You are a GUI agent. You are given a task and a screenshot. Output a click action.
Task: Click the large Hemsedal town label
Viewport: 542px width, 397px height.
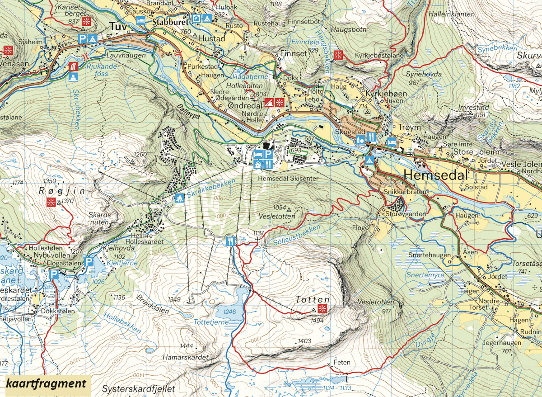(436, 175)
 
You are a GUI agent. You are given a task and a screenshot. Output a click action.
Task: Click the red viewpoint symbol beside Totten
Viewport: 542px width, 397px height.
(322, 309)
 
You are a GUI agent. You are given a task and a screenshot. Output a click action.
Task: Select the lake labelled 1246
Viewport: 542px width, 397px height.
(230, 308)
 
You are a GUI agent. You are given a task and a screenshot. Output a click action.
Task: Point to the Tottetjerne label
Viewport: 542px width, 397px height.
(211, 323)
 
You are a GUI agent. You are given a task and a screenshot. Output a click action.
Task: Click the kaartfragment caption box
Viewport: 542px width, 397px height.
(46, 384)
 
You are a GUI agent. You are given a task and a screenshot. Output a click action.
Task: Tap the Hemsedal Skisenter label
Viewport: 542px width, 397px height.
(288, 179)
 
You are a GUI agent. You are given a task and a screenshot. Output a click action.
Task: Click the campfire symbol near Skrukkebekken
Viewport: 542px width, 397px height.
(179, 198)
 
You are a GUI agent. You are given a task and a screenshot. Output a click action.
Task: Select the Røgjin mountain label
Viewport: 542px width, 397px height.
(69, 191)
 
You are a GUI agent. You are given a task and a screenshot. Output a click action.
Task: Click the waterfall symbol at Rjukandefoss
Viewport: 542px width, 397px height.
(73, 67)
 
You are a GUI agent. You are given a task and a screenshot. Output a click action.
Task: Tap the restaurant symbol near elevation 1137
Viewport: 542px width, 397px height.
(231, 241)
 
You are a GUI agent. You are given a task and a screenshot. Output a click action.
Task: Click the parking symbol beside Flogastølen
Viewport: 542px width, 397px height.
(89, 262)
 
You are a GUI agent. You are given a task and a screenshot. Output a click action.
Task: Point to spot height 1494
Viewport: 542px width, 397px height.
(318, 320)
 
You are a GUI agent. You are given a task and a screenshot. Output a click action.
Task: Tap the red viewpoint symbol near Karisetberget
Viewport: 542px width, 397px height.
(89, 21)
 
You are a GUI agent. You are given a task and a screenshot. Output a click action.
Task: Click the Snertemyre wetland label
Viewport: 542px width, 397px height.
(425, 274)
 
